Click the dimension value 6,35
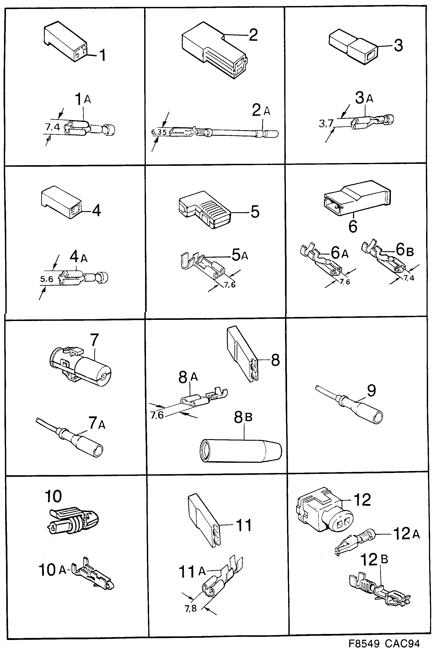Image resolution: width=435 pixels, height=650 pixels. coord(159,132)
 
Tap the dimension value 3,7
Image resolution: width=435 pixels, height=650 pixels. coord(326,123)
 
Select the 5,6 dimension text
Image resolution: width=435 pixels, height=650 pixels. coord(47,279)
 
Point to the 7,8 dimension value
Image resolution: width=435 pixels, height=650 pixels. coord(191,608)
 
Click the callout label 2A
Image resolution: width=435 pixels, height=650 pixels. coord(261,110)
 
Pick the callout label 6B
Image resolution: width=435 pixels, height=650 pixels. coord(404,250)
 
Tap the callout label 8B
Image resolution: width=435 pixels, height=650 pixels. coord(243,417)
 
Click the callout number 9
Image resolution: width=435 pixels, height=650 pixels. coord(371,390)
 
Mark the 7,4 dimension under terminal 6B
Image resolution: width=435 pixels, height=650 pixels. coord(409,278)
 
